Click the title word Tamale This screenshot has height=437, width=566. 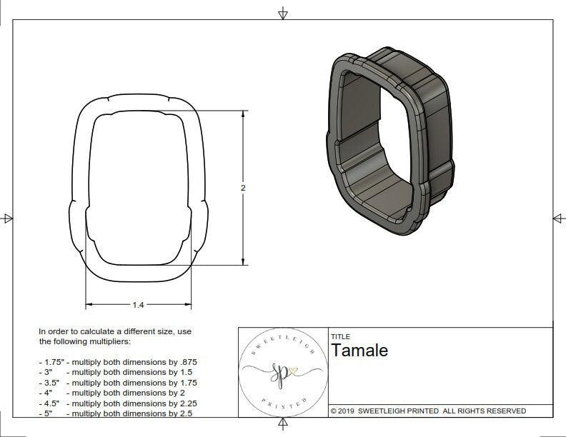(359, 350)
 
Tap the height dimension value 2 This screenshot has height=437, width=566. (244, 188)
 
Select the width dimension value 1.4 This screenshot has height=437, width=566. (138, 305)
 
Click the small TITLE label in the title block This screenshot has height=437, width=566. (340, 336)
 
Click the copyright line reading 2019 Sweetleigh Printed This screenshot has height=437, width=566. (428, 411)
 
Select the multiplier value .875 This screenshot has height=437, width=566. (184, 362)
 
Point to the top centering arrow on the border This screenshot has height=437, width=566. (283, 13)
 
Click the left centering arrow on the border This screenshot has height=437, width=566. (8, 218)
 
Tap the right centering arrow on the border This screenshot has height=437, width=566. (558, 218)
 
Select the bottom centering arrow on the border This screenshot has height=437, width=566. (283, 424)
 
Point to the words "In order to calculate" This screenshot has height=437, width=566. (79, 331)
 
